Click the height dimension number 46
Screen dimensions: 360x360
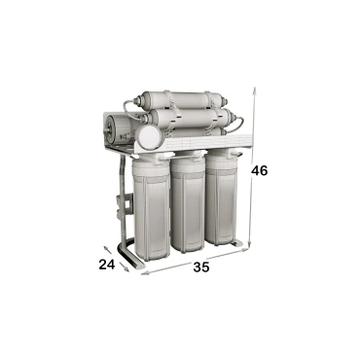[259, 170]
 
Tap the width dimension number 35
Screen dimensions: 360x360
[199, 265]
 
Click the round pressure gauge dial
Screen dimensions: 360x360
[148, 138]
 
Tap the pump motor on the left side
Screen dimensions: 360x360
[114, 127]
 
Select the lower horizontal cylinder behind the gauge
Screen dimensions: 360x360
[190, 125]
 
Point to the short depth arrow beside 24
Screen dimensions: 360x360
[122, 262]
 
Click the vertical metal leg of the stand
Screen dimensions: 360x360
[121, 209]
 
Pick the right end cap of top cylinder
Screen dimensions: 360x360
[222, 100]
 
